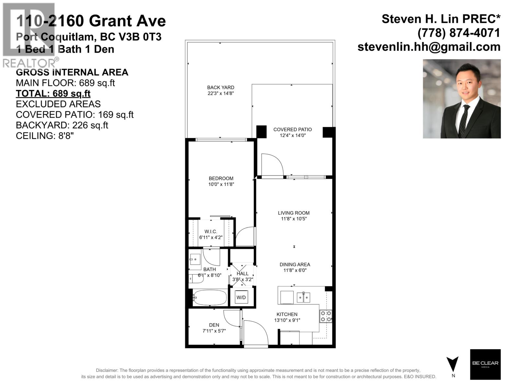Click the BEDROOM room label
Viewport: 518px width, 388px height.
(x=221, y=178)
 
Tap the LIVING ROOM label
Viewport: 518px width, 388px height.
(x=294, y=213)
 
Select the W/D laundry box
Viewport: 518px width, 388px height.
(x=241, y=297)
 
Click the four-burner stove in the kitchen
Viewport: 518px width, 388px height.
(x=326, y=316)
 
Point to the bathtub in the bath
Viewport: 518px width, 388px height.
(x=210, y=297)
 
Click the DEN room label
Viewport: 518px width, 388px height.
(x=214, y=325)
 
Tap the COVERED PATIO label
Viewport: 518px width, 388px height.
(x=292, y=130)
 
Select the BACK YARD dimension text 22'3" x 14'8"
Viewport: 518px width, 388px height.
(x=221, y=93)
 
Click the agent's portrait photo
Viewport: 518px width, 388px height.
(x=462, y=99)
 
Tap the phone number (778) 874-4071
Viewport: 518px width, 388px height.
(x=459, y=33)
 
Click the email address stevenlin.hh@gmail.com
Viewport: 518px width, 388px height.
(x=429, y=47)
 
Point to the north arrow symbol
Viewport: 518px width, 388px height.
(x=452, y=364)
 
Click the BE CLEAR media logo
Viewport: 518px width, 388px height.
(x=485, y=364)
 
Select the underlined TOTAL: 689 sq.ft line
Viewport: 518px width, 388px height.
(x=53, y=93)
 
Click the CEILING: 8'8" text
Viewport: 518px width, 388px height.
(x=45, y=136)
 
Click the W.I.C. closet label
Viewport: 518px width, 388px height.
(x=211, y=232)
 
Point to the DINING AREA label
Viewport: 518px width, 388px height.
(x=295, y=264)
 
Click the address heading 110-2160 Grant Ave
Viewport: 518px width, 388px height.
(x=91, y=21)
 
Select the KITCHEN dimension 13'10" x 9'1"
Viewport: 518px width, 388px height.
(x=287, y=320)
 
